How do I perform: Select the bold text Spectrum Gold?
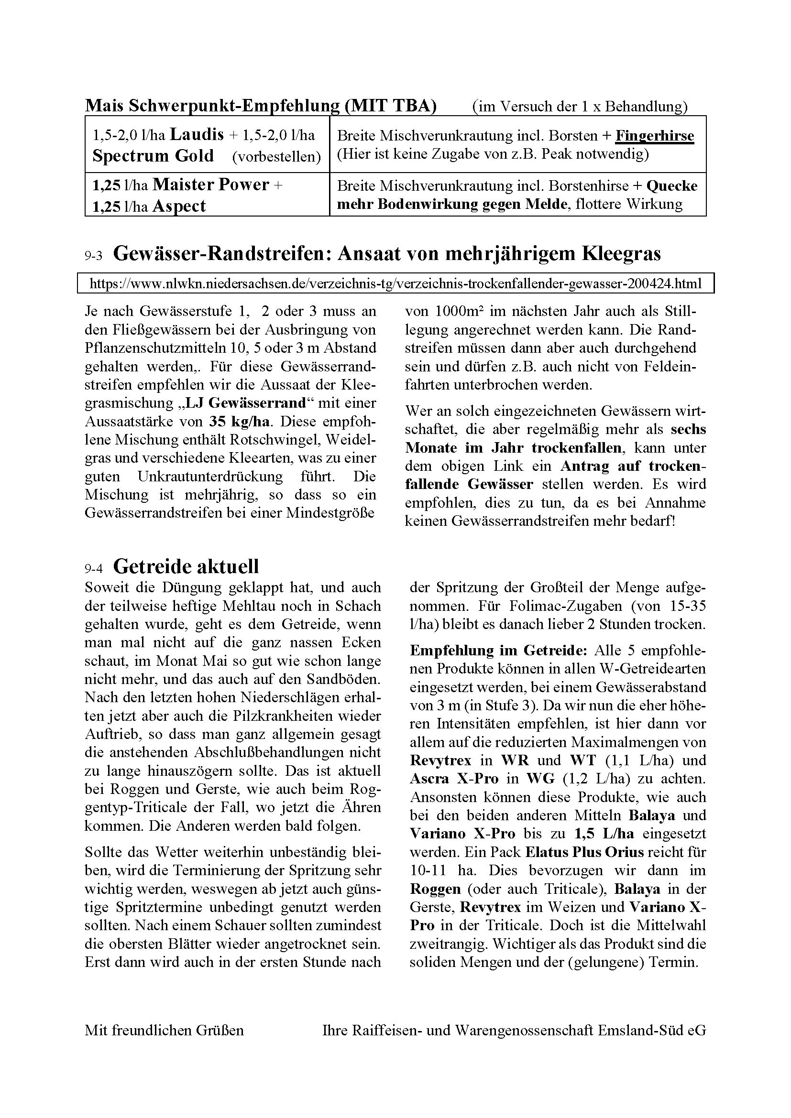click(x=153, y=156)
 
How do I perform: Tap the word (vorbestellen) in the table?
click(x=276, y=157)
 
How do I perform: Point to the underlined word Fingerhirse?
click(x=654, y=135)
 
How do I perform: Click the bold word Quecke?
click(x=671, y=185)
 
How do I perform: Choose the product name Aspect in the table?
click(x=179, y=206)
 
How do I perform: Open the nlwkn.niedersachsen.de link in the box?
click(x=395, y=283)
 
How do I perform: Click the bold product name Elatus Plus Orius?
click(x=584, y=852)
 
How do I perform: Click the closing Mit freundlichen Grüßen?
click(x=164, y=1031)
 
